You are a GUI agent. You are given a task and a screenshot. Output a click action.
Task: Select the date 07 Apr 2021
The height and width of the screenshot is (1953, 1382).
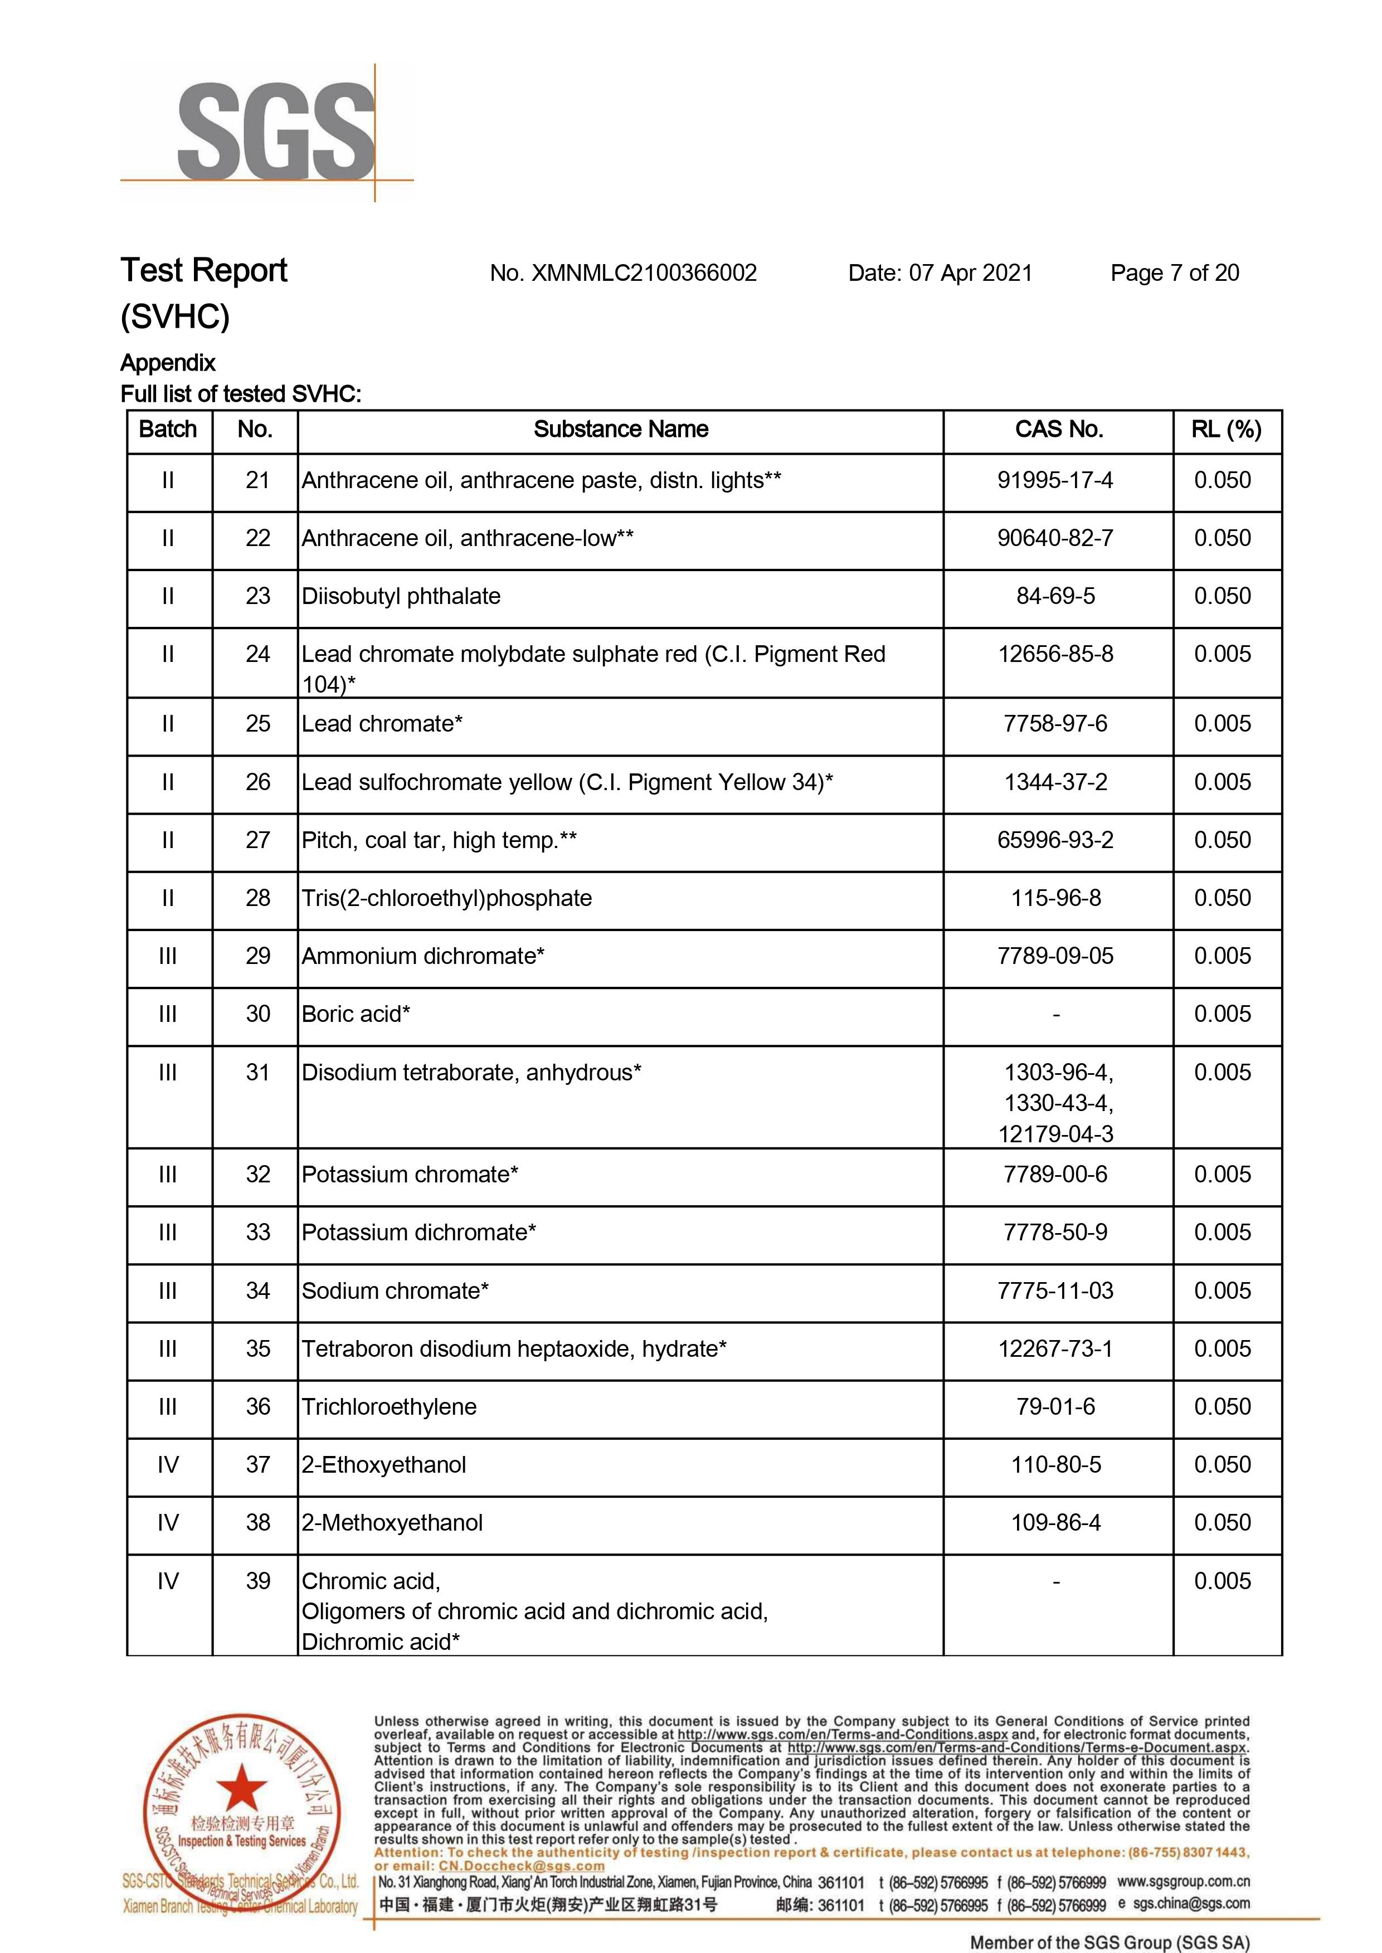click(x=970, y=273)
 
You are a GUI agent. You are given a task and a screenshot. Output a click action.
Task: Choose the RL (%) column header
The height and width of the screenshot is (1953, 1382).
click(x=1227, y=430)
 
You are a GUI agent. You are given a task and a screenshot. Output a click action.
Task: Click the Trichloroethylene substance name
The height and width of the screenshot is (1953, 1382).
click(x=389, y=1407)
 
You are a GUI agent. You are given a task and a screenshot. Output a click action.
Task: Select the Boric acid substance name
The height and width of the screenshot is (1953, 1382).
click(x=356, y=1014)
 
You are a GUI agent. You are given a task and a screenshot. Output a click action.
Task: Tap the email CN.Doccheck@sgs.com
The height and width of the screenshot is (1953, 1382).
click(x=522, y=1866)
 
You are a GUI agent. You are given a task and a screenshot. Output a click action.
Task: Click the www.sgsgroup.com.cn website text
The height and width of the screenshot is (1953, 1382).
click(x=1183, y=1882)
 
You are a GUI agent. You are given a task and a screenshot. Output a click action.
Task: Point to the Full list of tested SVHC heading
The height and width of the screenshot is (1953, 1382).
click(x=241, y=394)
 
